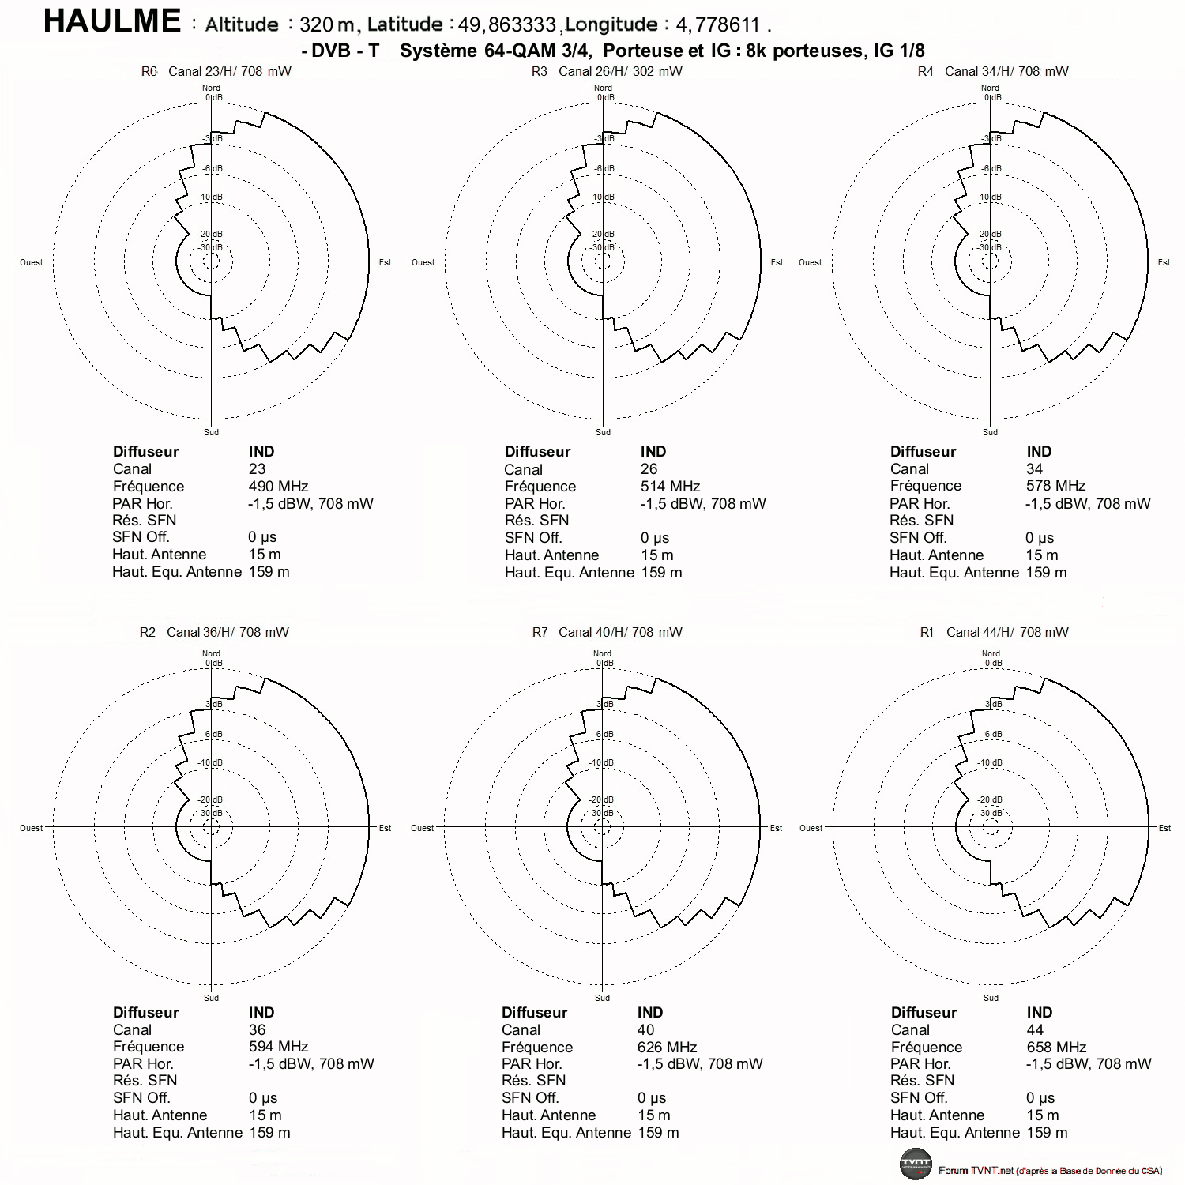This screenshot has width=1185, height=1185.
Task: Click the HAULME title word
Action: click(x=112, y=21)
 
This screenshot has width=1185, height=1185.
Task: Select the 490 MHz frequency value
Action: click(x=278, y=487)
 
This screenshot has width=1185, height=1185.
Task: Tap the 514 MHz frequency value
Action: click(x=670, y=487)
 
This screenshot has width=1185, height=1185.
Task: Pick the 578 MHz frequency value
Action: click(x=1055, y=486)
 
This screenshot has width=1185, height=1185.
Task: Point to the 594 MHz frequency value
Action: click(x=278, y=1047)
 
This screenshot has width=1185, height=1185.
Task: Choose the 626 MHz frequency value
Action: click(x=668, y=1048)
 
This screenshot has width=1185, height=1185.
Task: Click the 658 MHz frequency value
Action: click(x=1056, y=1048)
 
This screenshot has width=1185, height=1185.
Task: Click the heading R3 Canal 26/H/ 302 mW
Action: click(x=607, y=71)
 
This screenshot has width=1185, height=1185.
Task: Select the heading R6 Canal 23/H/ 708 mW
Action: click(x=216, y=71)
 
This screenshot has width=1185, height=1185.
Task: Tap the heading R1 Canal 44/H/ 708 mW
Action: click(x=994, y=632)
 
